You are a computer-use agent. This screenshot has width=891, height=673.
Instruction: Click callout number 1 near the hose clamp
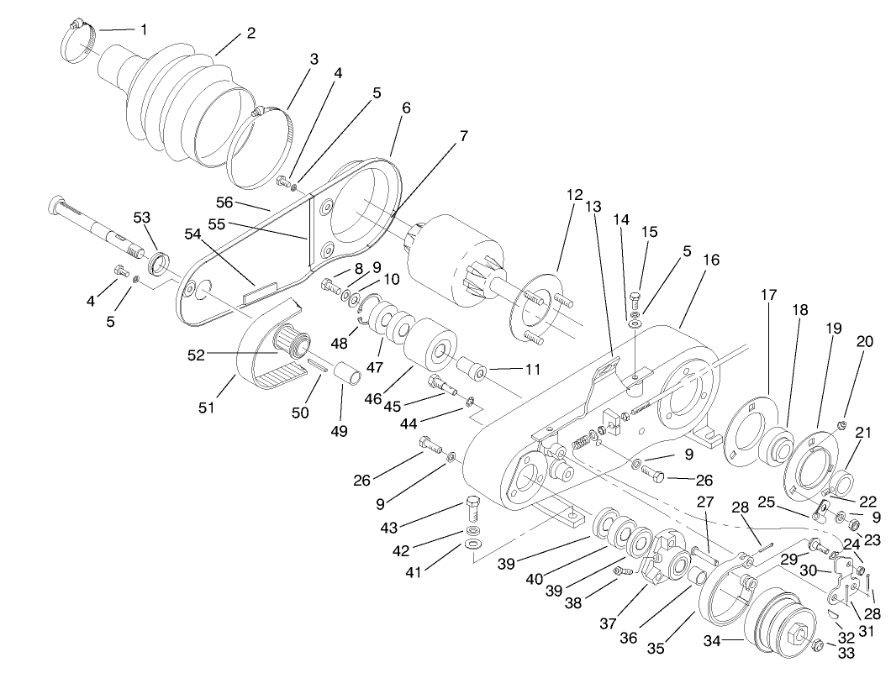(143, 29)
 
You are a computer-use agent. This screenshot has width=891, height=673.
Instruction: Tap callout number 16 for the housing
(711, 260)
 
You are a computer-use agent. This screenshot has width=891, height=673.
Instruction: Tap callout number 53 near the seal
(141, 218)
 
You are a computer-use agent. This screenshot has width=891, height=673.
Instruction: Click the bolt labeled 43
(473, 507)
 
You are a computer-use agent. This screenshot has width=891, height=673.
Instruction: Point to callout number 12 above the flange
(573, 195)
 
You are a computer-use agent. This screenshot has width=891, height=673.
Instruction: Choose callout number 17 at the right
(769, 295)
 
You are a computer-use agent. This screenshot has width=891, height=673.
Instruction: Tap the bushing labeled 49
(348, 371)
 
